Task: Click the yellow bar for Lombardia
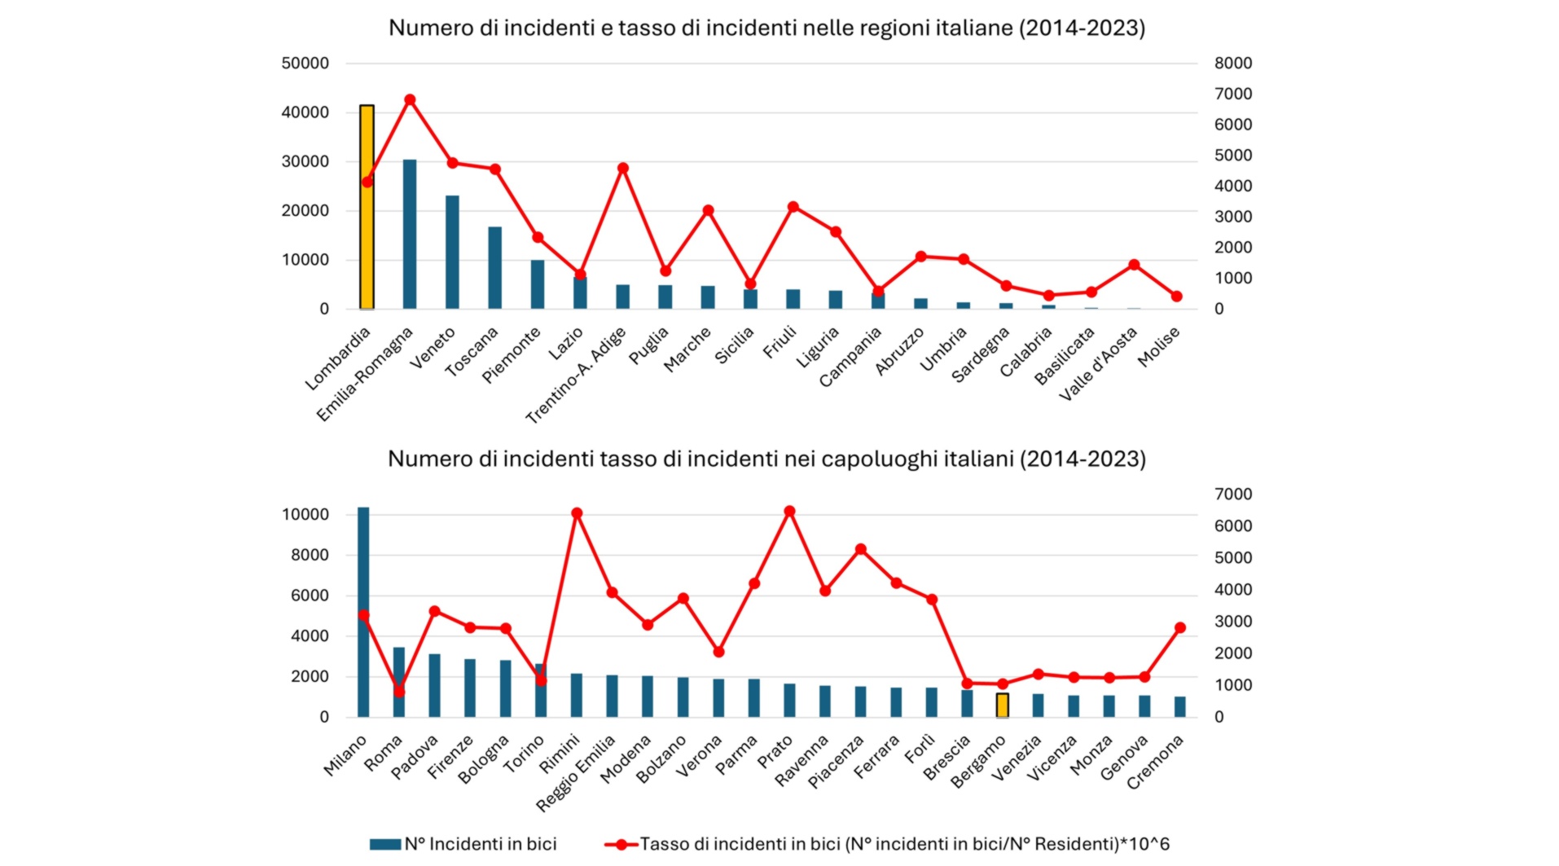pyautogui.click(x=367, y=207)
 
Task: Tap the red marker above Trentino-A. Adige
pyautogui.click(x=623, y=169)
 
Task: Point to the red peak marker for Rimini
pyautogui.click(x=577, y=513)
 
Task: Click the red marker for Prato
pyautogui.click(x=789, y=512)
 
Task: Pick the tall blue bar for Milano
pyautogui.click(x=363, y=611)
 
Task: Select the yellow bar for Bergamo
pyautogui.click(x=1003, y=705)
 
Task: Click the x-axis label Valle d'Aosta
pyautogui.click(x=1098, y=364)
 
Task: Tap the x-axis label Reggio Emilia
pyautogui.click(x=576, y=773)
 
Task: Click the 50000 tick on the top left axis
pyautogui.click(x=305, y=64)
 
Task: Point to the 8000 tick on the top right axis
pyautogui.click(x=1232, y=64)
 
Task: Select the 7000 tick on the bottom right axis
pyautogui.click(x=1232, y=495)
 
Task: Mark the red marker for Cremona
pyautogui.click(x=1180, y=628)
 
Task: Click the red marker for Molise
pyautogui.click(x=1176, y=297)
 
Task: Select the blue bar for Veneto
pyautogui.click(x=452, y=252)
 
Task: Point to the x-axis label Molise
pyautogui.click(x=1159, y=346)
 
